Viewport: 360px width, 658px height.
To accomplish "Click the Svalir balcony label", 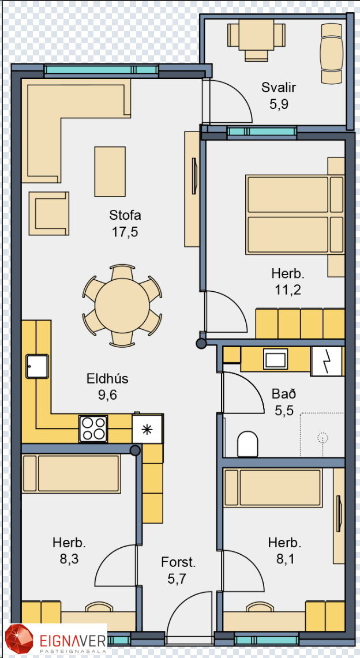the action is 279,88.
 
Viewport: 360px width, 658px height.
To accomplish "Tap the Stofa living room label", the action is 125,215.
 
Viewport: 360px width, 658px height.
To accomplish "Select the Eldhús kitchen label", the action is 107,378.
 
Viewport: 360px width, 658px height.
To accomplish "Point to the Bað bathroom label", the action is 284,394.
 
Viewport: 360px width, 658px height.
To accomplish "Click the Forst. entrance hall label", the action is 178,562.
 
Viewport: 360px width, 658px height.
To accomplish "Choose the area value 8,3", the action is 69,559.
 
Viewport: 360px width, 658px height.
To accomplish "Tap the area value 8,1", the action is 284,559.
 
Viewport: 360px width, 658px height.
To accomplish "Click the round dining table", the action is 122,306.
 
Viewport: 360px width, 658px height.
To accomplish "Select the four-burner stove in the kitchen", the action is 93,428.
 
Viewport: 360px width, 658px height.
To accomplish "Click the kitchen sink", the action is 37,366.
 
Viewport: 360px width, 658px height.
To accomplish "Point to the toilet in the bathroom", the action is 247,444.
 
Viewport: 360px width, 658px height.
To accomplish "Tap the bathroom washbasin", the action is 275,359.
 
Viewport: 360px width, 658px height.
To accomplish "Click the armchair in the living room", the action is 49,213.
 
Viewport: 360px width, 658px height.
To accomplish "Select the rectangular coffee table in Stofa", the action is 110,172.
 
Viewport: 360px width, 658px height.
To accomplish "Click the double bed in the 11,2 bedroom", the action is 295,215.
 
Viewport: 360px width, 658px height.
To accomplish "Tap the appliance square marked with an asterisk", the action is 147,429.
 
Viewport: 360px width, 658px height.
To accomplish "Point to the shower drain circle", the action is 322,438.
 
